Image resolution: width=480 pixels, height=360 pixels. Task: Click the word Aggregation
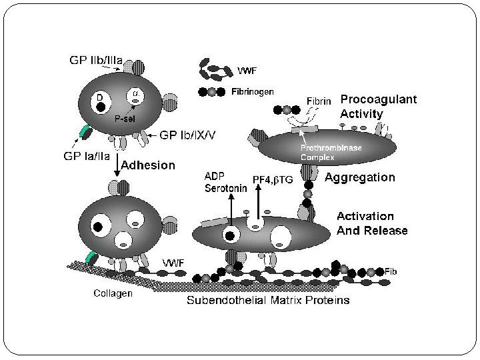click(360, 178)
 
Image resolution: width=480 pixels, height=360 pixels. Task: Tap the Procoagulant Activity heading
click(379, 107)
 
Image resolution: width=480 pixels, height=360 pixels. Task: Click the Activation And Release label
click(373, 223)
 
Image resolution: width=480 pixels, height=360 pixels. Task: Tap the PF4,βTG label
click(273, 179)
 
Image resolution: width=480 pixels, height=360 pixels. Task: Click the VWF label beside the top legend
click(246, 69)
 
